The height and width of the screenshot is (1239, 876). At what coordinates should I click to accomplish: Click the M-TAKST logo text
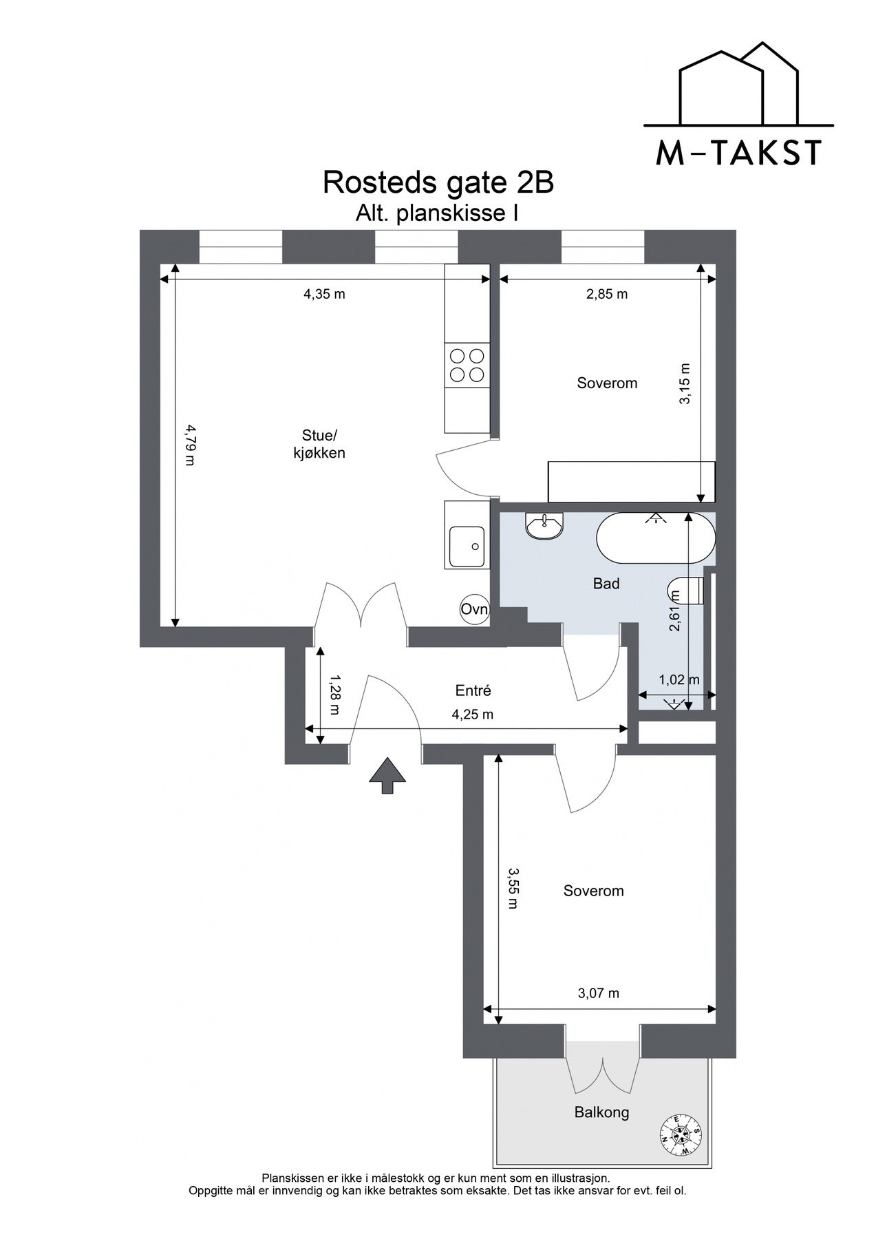(x=738, y=152)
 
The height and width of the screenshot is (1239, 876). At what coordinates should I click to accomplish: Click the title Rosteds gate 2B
(x=438, y=183)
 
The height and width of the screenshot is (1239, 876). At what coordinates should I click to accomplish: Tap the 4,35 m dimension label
(x=324, y=294)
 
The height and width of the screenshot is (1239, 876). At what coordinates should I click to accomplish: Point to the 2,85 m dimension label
(x=607, y=294)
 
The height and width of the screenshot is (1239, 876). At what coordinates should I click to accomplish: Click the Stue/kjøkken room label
(x=320, y=444)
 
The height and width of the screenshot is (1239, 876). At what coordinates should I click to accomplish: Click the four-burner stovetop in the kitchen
(x=466, y=365)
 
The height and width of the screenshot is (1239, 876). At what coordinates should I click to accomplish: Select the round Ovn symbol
(x=474, y=608)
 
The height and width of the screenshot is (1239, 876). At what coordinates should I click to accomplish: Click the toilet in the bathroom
(x=686, y=591)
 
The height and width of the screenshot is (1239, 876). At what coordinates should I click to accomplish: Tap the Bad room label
(x=606, y=584)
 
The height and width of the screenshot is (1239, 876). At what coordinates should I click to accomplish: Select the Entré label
(x=473, y=690)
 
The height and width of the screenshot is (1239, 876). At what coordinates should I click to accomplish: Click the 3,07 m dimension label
(x=599, y=993)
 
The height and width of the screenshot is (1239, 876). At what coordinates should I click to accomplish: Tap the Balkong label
(x=601, y=1112)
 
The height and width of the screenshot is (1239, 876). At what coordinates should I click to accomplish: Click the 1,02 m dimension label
(x=679, y=679)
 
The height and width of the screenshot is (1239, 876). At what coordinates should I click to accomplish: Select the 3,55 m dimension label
(x=512, y=887)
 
